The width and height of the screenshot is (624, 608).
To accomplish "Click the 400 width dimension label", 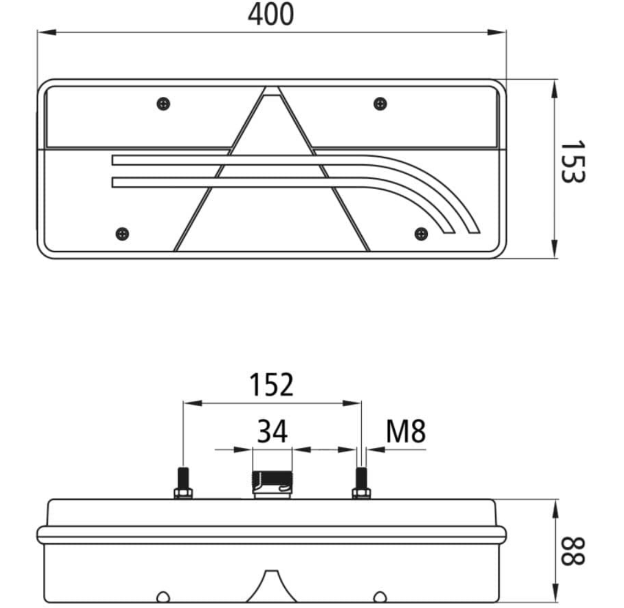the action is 270,14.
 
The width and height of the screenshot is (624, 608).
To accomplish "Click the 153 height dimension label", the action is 572,162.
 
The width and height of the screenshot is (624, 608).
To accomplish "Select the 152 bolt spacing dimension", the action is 272,385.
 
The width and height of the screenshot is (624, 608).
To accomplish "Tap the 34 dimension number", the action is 272,432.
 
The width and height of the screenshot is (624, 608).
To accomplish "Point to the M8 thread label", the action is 406,432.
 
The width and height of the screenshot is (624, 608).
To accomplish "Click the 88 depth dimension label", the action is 572,551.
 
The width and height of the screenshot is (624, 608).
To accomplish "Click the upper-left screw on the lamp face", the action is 163,104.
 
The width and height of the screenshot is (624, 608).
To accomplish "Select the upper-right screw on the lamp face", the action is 380,104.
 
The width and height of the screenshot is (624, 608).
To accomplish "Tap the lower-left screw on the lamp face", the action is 122,234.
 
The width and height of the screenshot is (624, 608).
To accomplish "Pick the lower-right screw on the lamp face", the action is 421,234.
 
